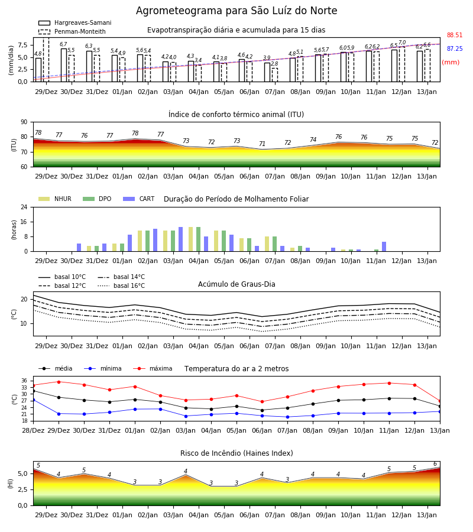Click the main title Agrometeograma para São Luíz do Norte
(237, 11)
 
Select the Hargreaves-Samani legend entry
(75, 22)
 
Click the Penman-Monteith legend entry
(72, 31)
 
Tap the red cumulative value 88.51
(455, 35)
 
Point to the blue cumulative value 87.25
(455, 48)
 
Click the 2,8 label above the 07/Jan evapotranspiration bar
(274, 64)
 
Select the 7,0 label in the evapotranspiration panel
(402, 43)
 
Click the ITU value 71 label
(262, 144)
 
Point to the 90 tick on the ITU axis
(24, 122)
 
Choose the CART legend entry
(139, 199)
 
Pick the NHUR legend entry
(55, 199)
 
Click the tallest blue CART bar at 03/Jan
(180, 239)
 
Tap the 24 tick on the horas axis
(24, 207)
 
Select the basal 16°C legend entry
(121, 286)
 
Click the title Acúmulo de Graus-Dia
(237, 284)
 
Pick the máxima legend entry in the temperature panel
(153, 368)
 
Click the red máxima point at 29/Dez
(59, 382)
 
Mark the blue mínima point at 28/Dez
(33, 400)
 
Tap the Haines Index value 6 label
(435, 464)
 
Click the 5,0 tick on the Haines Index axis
(23, 473)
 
